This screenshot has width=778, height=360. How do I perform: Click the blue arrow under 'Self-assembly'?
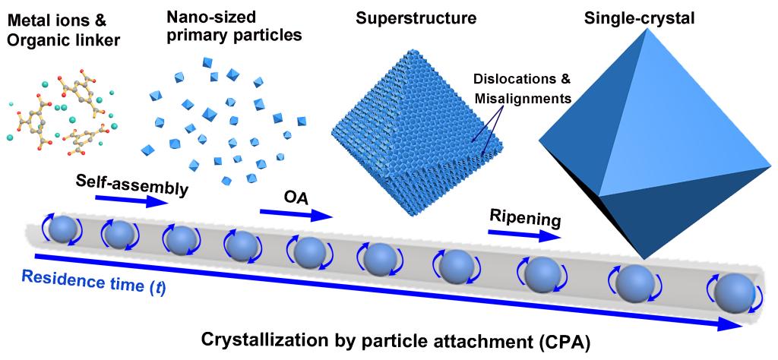pos(131,201)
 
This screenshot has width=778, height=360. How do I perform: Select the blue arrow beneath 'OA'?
pos(296,213)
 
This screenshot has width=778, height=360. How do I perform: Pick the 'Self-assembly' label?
pos(131,182)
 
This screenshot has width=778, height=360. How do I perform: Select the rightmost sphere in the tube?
pos(733,292)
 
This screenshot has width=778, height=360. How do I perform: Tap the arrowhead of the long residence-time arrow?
pos(732,325)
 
